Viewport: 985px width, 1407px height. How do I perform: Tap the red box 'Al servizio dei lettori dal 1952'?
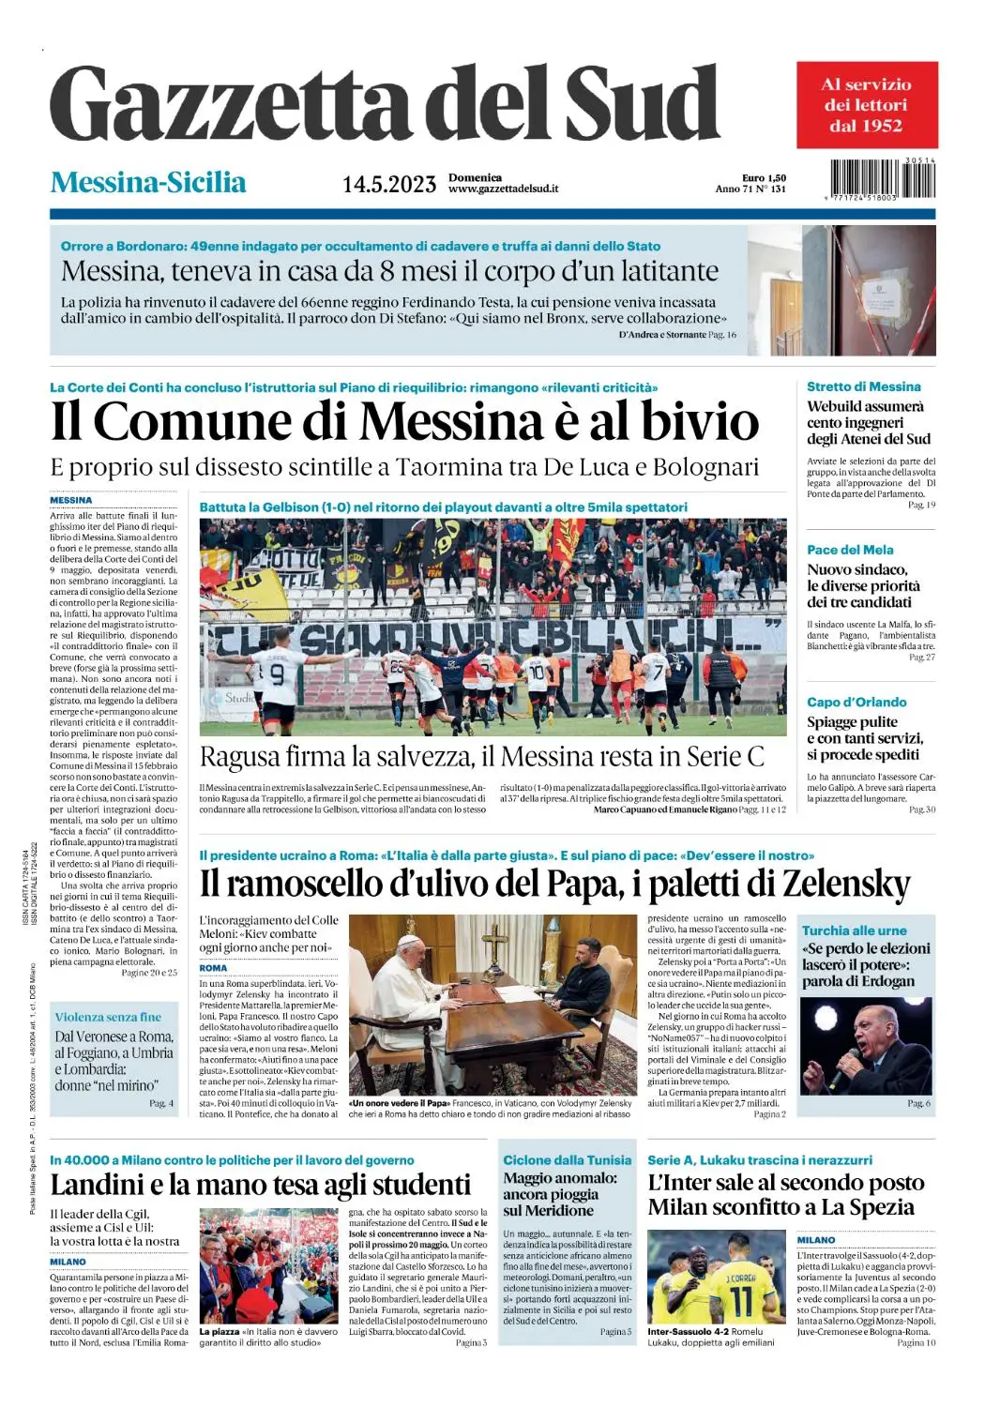coord(866,104)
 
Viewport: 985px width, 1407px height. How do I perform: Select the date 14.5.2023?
coord(388,184)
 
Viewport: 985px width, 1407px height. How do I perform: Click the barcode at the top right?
coord(882,178)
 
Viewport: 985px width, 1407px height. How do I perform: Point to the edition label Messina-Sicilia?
coord(148,182)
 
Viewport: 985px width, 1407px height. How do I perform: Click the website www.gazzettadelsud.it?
coord(503,189)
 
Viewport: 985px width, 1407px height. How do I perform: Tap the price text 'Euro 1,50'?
coord(764,177)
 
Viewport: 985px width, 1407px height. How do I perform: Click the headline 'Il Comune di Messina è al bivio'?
coord(404,421)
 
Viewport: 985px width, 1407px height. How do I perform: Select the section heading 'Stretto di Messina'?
coord(863,386)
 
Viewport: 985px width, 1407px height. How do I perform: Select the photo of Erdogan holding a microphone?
coord(865,1046)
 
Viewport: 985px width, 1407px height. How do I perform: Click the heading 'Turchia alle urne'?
coord(854,930)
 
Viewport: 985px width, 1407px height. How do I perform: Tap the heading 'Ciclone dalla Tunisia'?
coord(567,1160)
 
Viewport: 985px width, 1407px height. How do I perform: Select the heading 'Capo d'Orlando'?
coord(856,702)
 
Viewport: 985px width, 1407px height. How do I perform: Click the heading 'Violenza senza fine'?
coord(108,1017)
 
